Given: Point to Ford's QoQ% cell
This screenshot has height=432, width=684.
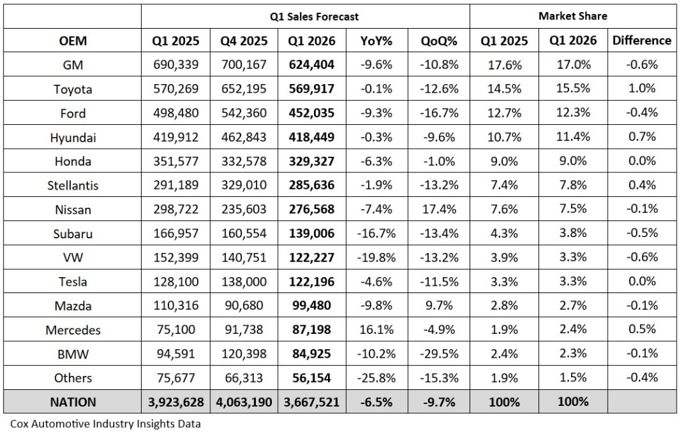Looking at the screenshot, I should (439, 113).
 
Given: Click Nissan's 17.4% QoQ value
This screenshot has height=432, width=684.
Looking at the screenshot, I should (439, 209).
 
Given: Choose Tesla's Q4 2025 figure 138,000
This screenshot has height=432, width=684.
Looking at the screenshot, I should (243, 281).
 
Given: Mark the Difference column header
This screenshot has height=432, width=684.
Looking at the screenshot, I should (641, 40).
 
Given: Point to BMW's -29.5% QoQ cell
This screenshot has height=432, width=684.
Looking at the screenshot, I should (439, 353).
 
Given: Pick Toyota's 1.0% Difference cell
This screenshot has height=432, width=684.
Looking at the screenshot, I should (641, 89).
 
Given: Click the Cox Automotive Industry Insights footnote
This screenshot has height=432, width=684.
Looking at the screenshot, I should (106, 423).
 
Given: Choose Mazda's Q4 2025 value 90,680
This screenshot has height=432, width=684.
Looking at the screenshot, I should (243, 305).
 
